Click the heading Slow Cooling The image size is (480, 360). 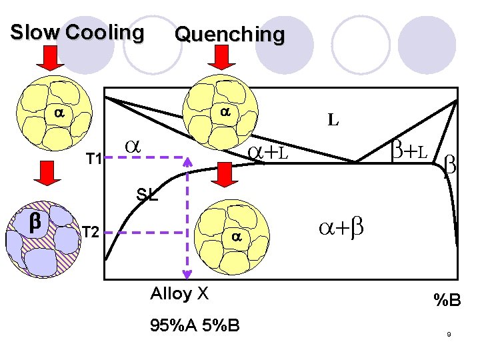(x=77, y=32)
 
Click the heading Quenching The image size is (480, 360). (x=229, y=34)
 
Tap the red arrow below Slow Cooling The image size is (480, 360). (x=49, y=59)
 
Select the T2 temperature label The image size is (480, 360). (x=91, y=232)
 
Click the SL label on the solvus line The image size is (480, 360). (x=147, y=195)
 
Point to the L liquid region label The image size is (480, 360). (x=333, y=121)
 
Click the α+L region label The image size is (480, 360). (x=268, y=153)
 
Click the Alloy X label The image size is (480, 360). (x=180, y=294)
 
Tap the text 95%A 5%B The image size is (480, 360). (x=195, y=325)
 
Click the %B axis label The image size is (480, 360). (x=447, y=301)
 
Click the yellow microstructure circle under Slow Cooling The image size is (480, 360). (x=57, y=115)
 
